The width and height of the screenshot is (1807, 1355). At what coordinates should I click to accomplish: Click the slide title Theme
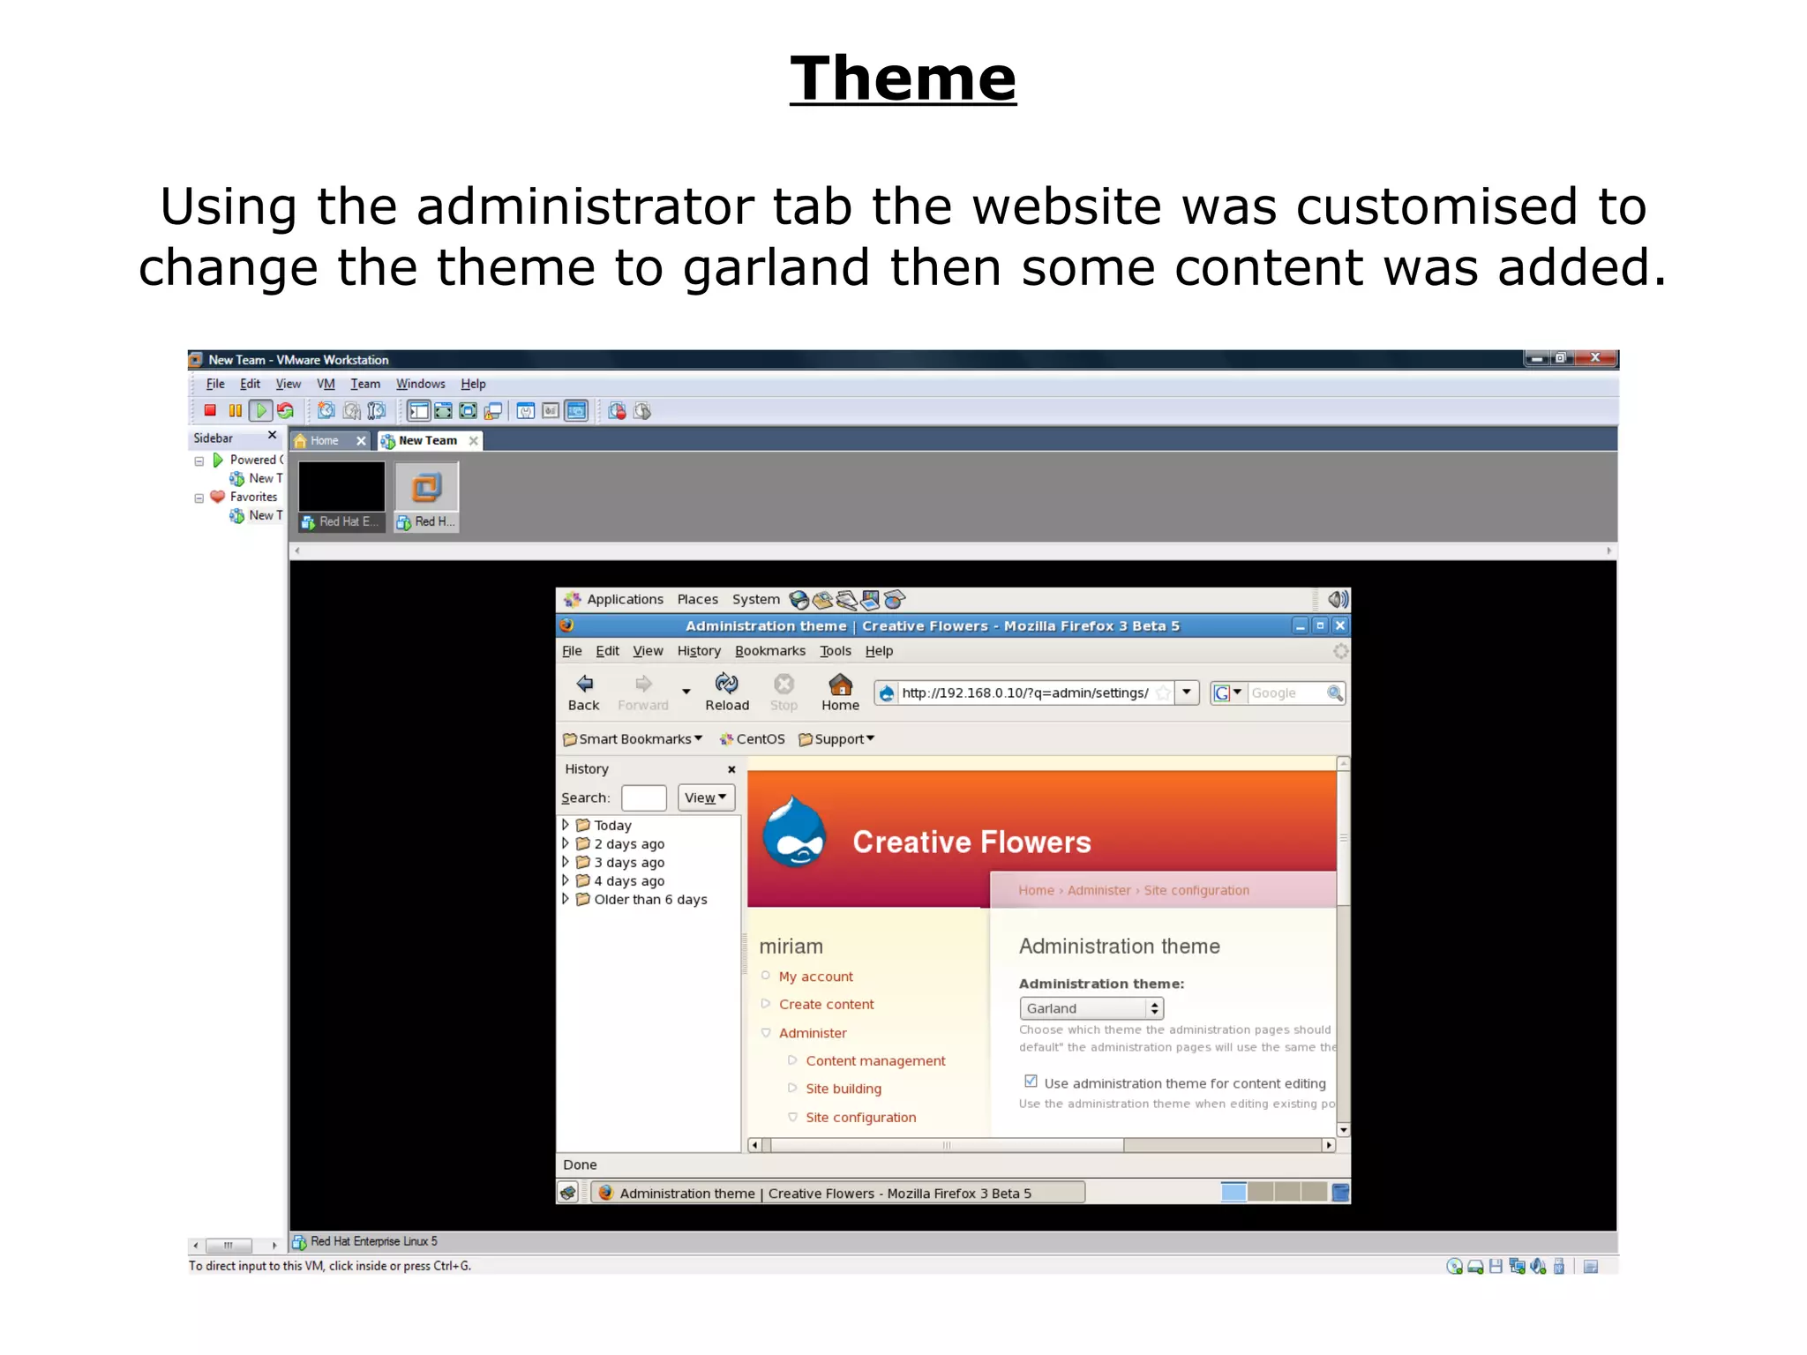point(903,79)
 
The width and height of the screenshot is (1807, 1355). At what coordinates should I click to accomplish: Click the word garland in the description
point(776,267)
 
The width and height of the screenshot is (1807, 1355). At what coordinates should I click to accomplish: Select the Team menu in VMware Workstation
point(364,384)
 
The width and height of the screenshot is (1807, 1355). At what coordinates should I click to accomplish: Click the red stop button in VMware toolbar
point(210,410)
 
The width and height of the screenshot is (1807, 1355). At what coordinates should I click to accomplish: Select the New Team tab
point(427,440)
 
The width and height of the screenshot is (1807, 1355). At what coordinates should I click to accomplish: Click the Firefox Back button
point(583,692)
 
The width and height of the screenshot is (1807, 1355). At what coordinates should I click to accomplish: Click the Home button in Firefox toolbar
point(840,692)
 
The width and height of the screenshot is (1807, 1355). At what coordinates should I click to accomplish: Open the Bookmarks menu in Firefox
point(769,651)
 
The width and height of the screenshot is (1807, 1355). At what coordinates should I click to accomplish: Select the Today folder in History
point(612,826)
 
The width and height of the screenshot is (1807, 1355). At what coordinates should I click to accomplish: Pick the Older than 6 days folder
point(650,900)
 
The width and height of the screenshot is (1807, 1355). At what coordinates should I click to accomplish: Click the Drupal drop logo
point(794,833)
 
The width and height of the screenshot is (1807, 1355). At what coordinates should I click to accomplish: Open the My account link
point(815,977)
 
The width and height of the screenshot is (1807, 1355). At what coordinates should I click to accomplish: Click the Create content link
point(826,1005)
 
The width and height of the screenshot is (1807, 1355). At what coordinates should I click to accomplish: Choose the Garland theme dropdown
point(1091,1008)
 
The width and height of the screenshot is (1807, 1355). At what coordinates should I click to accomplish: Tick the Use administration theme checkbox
point(1031,1082)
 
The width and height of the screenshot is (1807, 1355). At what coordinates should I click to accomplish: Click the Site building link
point(843,1089)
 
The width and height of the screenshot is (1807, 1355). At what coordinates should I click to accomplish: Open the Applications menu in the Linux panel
point(624,600)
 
